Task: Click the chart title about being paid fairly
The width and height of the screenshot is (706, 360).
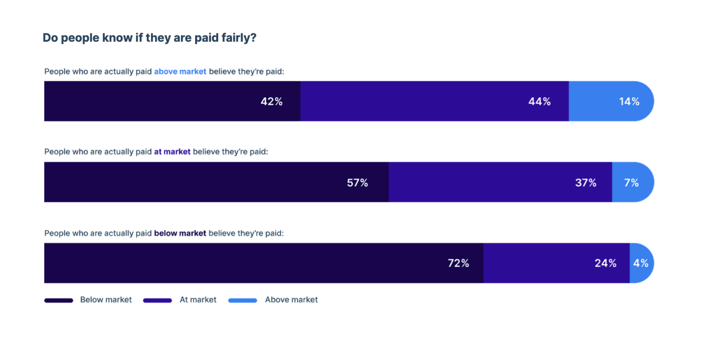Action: click(150, 38)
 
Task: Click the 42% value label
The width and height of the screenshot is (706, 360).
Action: click(271, 102)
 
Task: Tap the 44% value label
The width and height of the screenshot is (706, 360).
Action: click(539, 102)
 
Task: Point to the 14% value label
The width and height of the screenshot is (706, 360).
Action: click(629, 102)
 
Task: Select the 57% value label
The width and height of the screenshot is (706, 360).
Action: click(357, 183)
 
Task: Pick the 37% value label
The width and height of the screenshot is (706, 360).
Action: click(585, 183)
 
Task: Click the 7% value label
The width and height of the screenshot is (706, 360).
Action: click(631, 183)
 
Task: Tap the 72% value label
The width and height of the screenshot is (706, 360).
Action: click(458, 263)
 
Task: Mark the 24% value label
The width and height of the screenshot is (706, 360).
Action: click(605, 263)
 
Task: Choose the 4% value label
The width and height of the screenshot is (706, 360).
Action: click(640, 263)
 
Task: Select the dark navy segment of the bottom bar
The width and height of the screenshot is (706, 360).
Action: click(245, 263)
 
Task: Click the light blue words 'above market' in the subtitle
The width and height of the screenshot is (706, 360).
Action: click(180, 72)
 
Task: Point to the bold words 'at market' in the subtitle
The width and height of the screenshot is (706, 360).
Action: click(172, 152)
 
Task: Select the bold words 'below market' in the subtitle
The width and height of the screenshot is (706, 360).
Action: click(180, 233)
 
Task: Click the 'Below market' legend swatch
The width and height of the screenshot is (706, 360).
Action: click(59, 300)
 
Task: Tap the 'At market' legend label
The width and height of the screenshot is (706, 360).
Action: click(198, 300)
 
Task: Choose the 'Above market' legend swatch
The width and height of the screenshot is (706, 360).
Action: click(243, 300)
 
